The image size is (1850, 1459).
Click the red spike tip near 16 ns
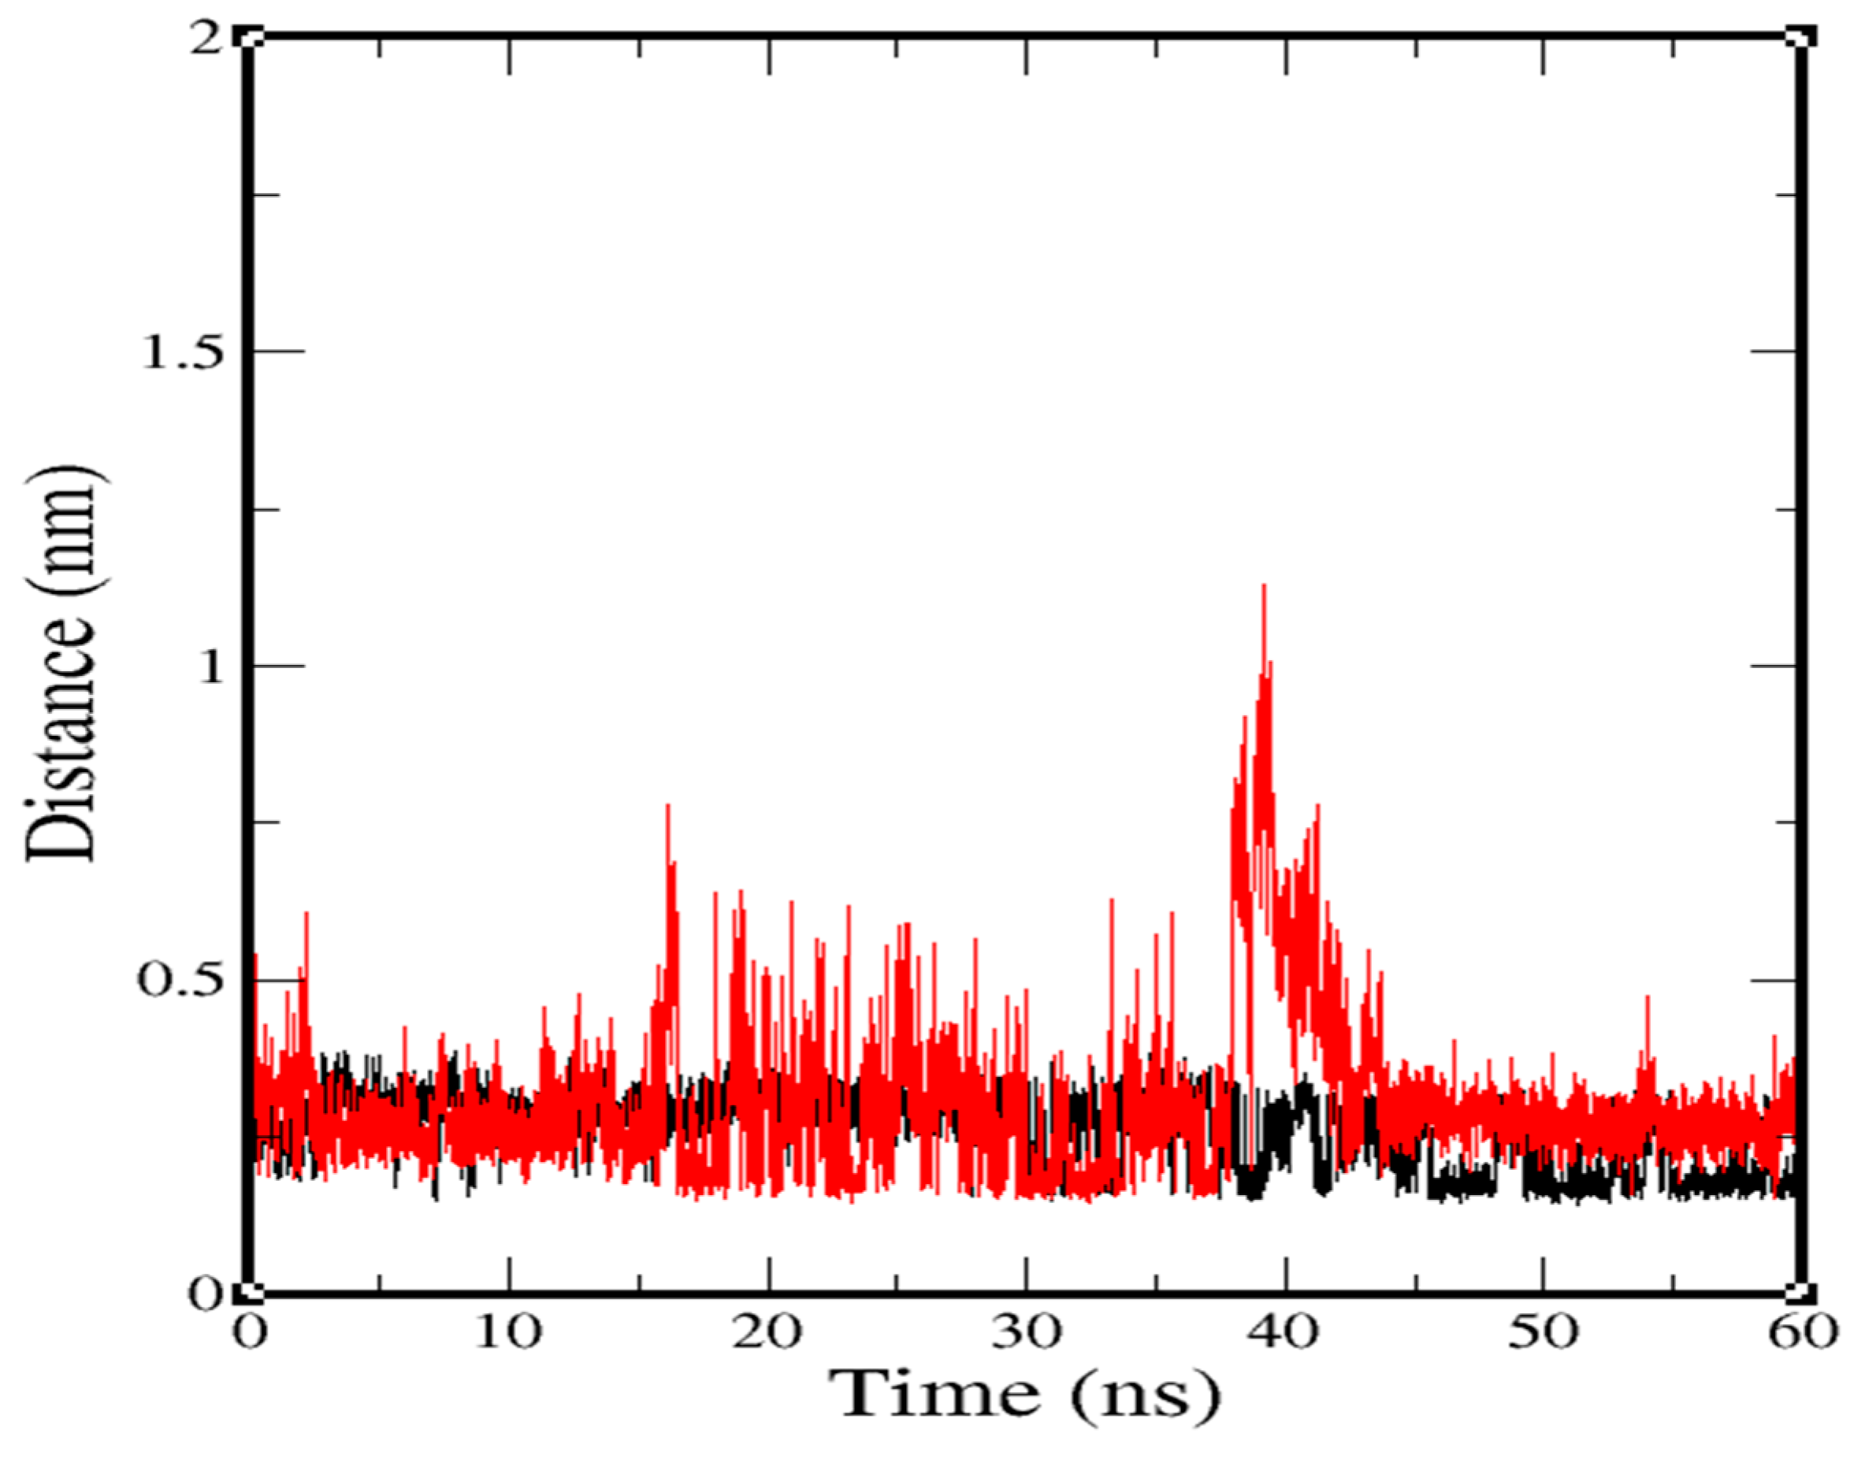[x=667, y=806]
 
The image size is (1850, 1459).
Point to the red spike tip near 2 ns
[x=306, y=914]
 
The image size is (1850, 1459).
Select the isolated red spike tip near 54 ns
[x=1648, y=997]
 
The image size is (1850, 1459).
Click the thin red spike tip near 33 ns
[x=1111, y=900]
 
